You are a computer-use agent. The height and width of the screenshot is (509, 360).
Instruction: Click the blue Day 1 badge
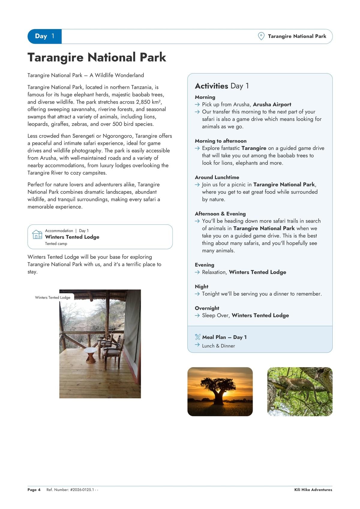click(x=44, y=36)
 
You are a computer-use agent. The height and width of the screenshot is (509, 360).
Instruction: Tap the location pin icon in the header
click(x=261, y=36)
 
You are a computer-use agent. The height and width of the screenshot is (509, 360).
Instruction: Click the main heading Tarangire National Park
click(x=97, y=57)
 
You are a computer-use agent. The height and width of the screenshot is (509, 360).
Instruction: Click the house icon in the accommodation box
click(x=37, y=234)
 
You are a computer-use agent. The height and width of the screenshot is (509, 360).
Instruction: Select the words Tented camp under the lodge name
click(x=56, y=244)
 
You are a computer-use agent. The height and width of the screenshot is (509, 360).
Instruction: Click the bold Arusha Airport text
click(x=272, y=104)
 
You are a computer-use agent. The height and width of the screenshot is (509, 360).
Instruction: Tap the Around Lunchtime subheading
click(x=217, y=177)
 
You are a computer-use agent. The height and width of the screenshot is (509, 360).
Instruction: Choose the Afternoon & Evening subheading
click(x=220, y=214)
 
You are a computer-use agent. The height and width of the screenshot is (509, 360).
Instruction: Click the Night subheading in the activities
click(x=202, y=286)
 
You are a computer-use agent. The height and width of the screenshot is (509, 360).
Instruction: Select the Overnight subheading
click(x=207, y=308)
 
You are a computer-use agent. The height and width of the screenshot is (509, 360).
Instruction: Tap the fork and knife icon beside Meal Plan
click(x=198, y=337)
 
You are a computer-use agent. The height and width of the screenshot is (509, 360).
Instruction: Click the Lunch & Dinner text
click(x=218, y=346)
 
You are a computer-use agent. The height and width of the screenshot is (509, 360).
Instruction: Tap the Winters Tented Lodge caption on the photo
click(x=52, y=298)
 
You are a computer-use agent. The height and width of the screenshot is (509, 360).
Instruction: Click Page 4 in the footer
click(x=34, y=490)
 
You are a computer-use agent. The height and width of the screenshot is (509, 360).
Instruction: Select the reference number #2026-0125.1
click(x=82, y=490)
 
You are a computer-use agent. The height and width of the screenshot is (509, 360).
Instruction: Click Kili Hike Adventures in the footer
click(x=313, y=490)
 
